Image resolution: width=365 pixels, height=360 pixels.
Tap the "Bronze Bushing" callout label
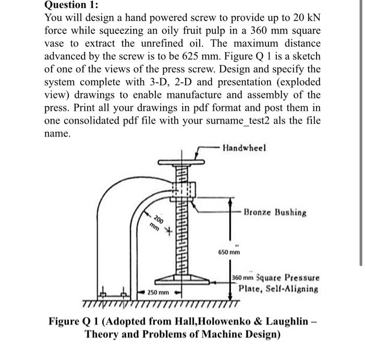coord(275,213)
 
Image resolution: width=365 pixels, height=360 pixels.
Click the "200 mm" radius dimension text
coord(155,222)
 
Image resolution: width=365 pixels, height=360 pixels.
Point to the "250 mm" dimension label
coord(156,293)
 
